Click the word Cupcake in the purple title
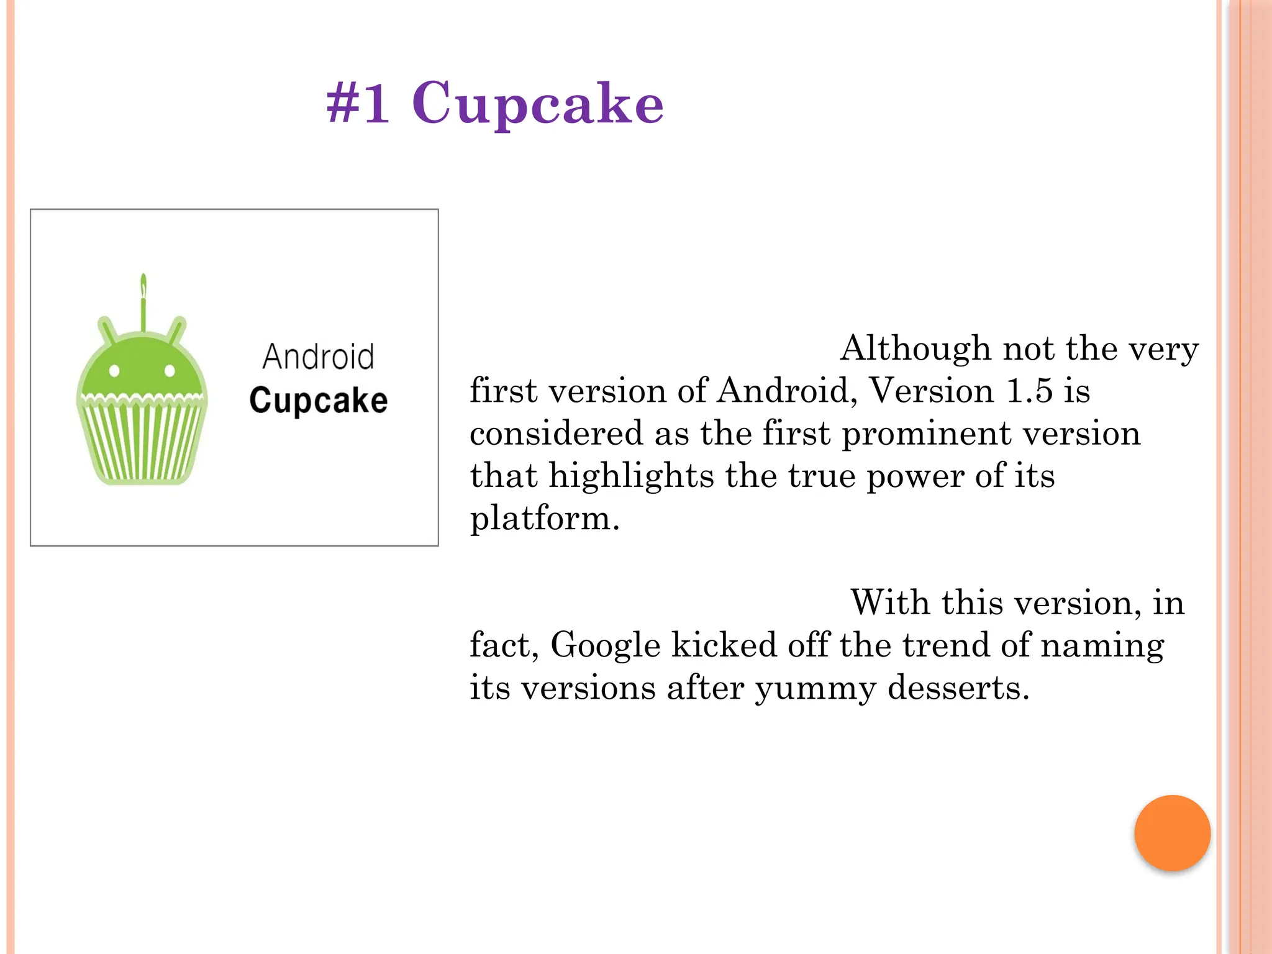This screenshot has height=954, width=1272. [x=538, y=104]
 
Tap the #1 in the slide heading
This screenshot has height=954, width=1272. [x=358, y=103]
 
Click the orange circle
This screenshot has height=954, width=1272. [x=1172, y=833]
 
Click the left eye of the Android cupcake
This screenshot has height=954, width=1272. [x=114, y=371]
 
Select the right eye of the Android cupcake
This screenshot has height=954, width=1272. [x=169, y=371]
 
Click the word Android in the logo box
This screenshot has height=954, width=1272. [x=318, y=357]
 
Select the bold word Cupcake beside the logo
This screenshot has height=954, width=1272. [x=318, y=401]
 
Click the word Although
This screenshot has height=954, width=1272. [x=915, y=348]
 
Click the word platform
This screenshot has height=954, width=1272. [x=545, y=519]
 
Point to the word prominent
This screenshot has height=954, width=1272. [x=926, y=434]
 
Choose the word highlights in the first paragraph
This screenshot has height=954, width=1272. [x=632, y=477]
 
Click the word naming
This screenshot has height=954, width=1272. [x=1102, y=646]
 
